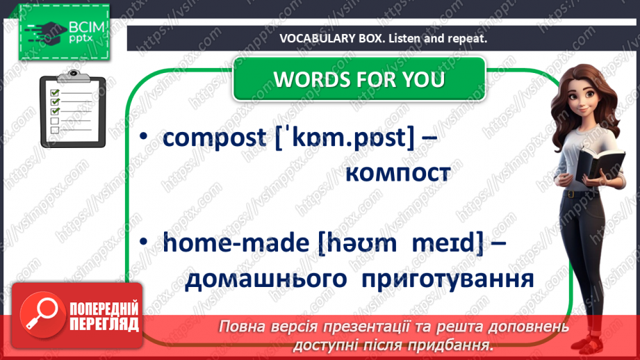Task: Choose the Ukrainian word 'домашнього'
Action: pos(267,279)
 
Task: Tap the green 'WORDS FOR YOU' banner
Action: pos(359,79)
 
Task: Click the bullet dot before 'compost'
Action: pos(143,138)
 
